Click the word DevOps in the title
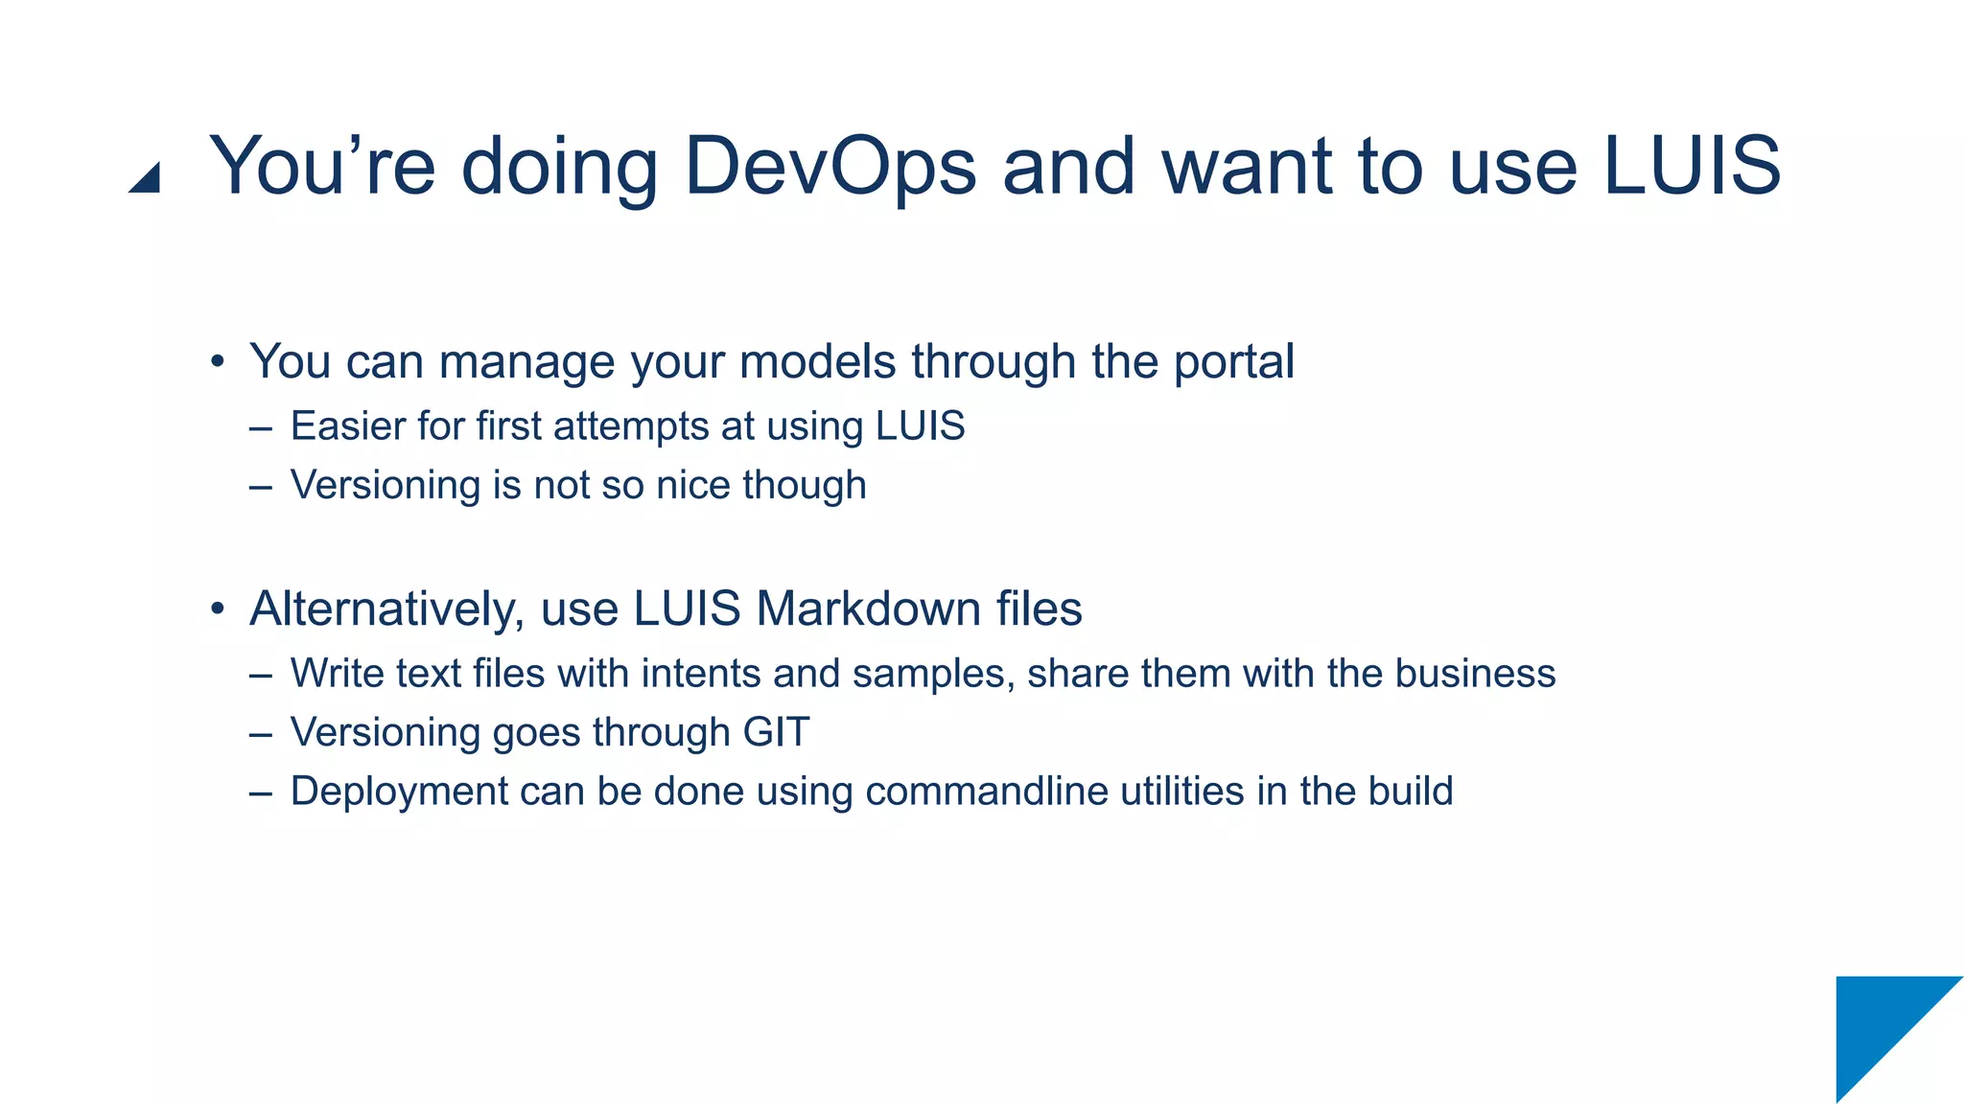[x=830, y=167]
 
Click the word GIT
[x=776, y=732]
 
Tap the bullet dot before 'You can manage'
[x=219, y=362]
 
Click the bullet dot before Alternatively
[x=219, y=609]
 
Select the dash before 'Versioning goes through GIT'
[x=260, y=734]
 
